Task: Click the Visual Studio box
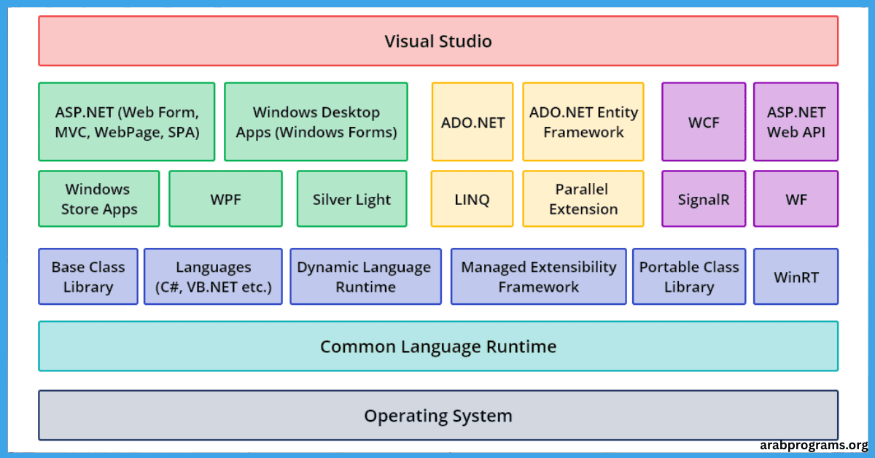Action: click(438, 41)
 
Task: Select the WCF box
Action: click(704, 122)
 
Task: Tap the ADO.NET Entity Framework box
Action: click(583, 122)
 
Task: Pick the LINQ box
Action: click(472, 198)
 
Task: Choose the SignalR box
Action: click(704, 198)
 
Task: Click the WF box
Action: click(796, 198)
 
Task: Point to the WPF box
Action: click(225, 198)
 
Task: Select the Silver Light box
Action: click(351, 198)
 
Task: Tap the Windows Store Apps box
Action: click(99, 198)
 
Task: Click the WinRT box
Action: click(796, 276)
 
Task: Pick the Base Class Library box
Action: click(88, 276)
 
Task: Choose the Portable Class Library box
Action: click(689, 276)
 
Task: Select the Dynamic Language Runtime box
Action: click(365, 276)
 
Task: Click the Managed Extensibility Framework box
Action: click(538, 276)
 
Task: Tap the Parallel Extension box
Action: click(583, 198)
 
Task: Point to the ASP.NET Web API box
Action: click(796, 122)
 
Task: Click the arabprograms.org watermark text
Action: click(814, 445)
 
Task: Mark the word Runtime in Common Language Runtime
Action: click(521, 346)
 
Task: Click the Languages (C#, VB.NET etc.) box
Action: click(213, 276)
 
